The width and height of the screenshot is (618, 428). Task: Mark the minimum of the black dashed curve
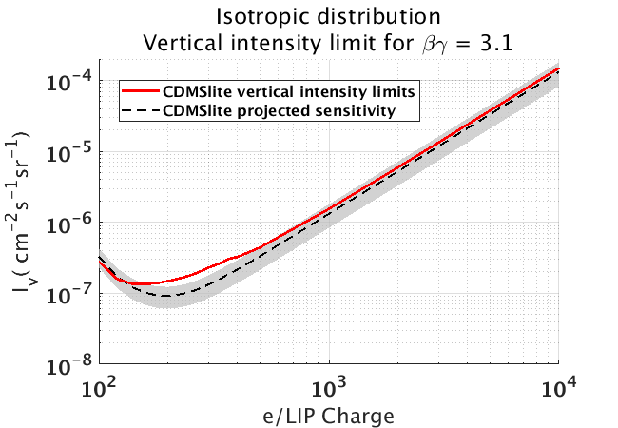[169, 296]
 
